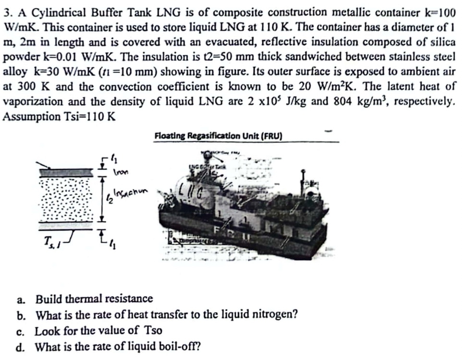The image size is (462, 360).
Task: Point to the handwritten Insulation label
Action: [x=131, y=192]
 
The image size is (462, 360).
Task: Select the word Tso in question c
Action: [x=152, y=330]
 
